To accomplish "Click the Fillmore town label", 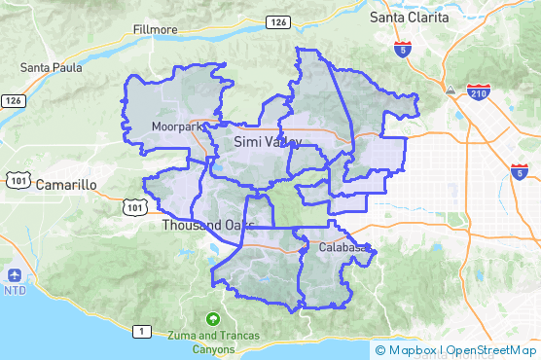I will [156, 30].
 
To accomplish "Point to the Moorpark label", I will [176, 127].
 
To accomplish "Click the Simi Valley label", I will [268, 143].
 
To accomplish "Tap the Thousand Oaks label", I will [201, 226].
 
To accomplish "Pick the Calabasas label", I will [344, 248].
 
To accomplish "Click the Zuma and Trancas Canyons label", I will [214, 342].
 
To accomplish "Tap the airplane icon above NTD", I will [15, 274].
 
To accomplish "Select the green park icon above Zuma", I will [213, 318].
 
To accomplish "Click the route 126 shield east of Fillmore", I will [278, 22].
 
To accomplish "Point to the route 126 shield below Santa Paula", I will [13, 100].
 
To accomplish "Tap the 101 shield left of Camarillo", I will [17, 179].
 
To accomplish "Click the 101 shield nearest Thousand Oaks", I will [134, 206].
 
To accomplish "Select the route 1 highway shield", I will [142, 332].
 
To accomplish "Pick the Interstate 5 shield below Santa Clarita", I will [402, 47].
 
